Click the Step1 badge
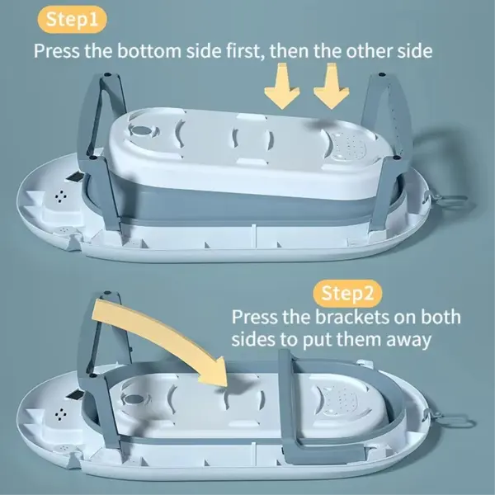73,19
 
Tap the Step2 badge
347,293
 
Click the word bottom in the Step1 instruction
149,51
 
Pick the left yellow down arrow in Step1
281,86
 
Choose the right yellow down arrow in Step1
331,86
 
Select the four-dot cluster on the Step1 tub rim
61,196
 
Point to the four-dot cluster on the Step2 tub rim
61,414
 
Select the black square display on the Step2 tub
75,394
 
